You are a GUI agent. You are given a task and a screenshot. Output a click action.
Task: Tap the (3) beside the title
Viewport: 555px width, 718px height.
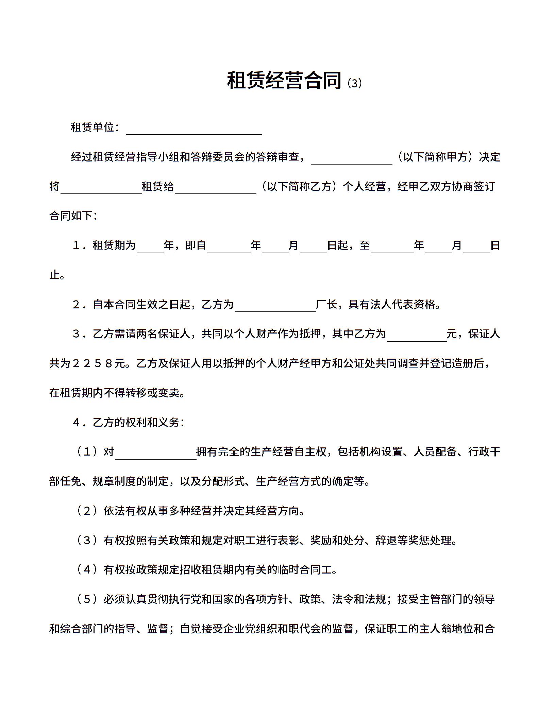coord(355,83)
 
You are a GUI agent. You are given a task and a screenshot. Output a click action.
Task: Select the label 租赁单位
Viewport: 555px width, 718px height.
coord(92,127)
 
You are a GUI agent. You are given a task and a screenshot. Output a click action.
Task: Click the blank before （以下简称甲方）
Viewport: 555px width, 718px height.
coord(351,159)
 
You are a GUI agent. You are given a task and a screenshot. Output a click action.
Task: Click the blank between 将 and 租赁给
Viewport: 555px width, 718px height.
coord(101,188)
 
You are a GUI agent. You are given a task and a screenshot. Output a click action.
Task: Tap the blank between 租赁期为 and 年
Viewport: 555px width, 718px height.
coord(150,247)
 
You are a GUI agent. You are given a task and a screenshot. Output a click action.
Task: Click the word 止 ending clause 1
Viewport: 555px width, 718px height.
coord(54,275)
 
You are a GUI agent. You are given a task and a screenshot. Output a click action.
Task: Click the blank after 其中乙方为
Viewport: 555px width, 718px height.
coord(417,336)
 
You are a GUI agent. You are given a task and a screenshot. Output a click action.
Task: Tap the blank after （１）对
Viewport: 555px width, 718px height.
coord(155,454)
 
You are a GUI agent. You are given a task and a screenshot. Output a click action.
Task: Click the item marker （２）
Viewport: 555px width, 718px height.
coord(87,511)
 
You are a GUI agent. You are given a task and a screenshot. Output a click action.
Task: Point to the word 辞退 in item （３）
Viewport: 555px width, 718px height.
coord(386,540)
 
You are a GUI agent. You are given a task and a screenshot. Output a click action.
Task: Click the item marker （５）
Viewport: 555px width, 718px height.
coord(87,599)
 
